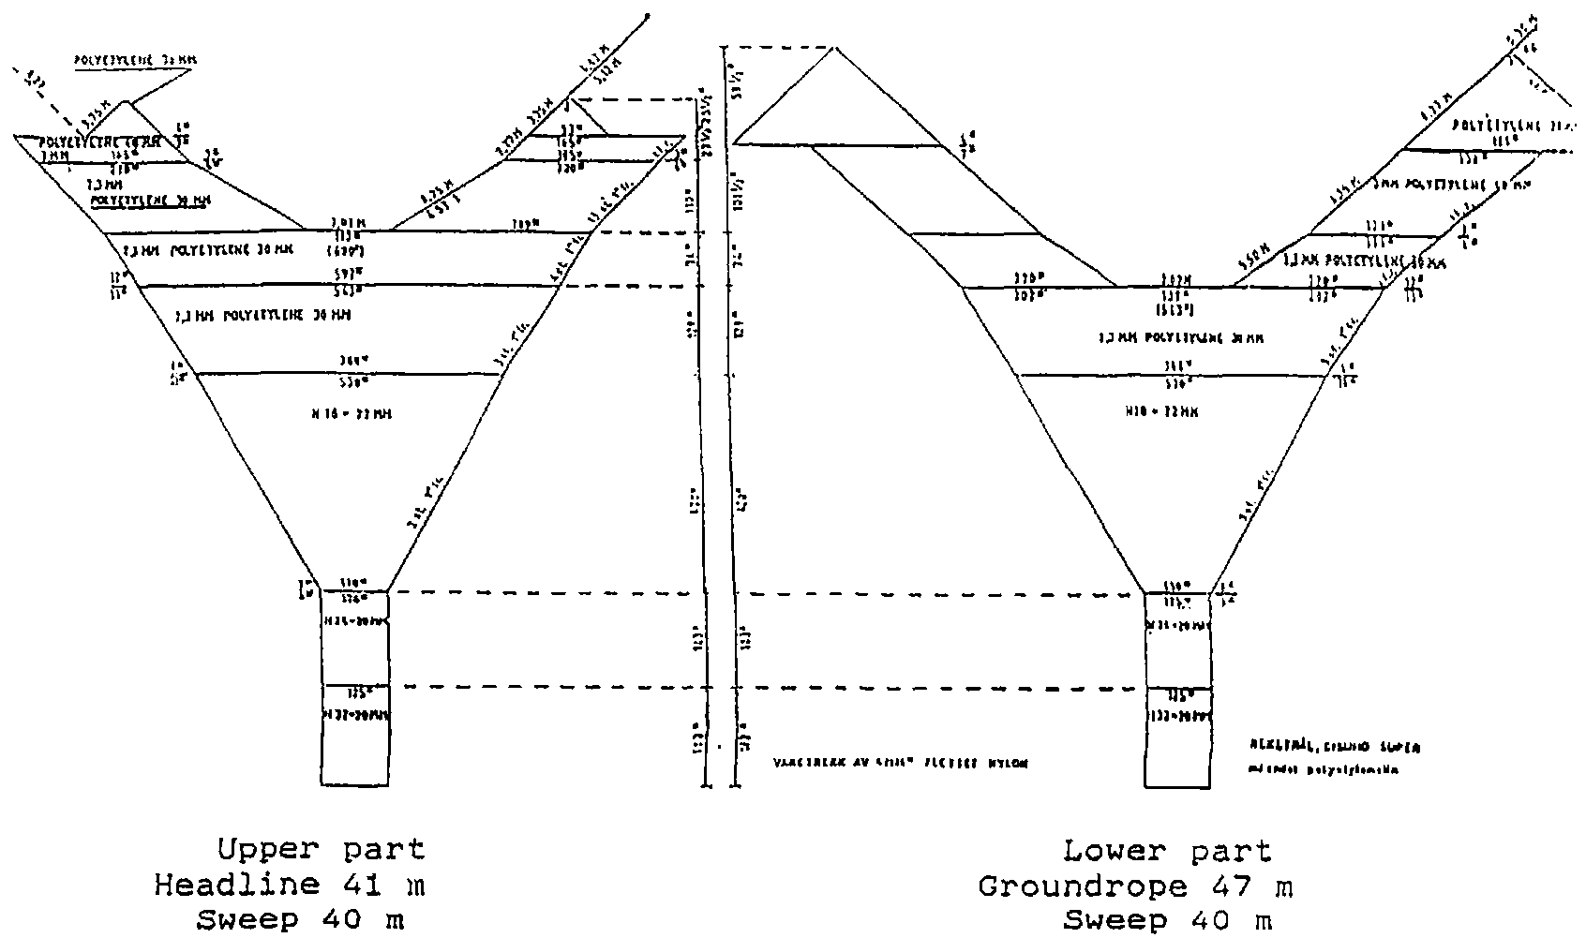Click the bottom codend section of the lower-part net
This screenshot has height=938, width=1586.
[x=1178, y=747]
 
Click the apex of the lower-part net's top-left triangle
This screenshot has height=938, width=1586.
[x=834, y=47]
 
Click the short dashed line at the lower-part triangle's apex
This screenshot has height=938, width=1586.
[x=778, y=47]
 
